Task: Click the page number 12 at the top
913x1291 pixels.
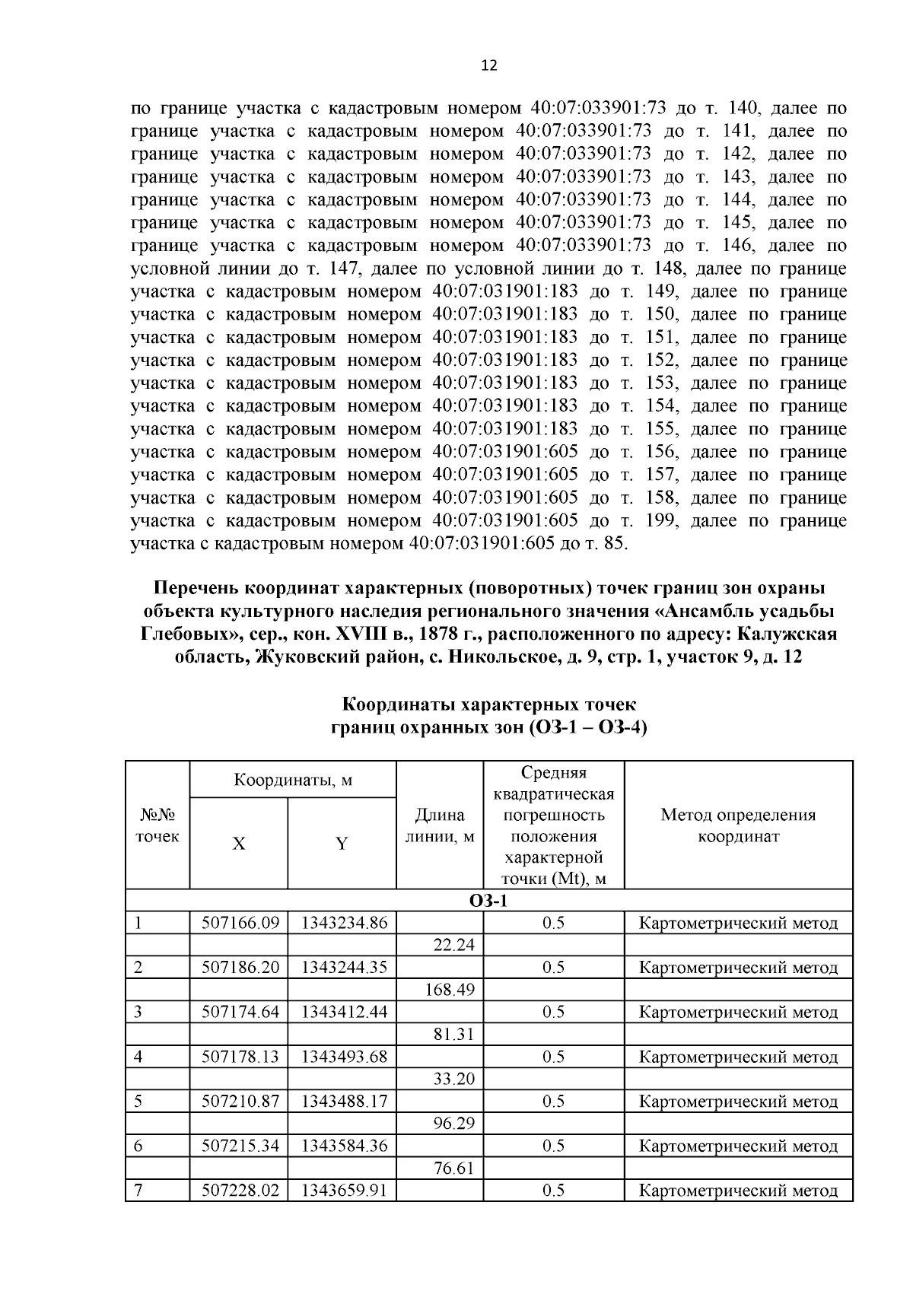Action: click(489, 66)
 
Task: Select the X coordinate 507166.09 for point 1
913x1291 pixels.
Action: click(240, 924)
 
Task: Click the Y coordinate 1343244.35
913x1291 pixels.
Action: click(344, 968)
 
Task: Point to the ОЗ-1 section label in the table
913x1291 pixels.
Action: click(488, 901)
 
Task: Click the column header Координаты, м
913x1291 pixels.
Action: click(293, 781)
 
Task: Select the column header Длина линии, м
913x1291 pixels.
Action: click(439, 826)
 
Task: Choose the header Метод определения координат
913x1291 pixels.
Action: click(737, 826)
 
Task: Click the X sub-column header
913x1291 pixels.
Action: click(239, 844)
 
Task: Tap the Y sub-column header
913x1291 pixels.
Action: click(342, 844)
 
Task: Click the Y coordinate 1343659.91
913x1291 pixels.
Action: click(344, 1191)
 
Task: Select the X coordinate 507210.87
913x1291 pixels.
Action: click(240, 1102)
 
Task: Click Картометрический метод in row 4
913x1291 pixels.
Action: click(737, 1057)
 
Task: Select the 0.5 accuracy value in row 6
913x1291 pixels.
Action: click(553, 1146)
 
